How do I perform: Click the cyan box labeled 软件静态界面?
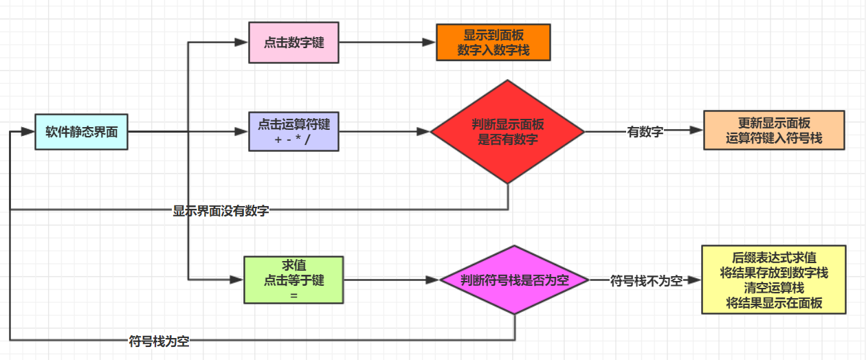pyautogui.click(x=82, y=131)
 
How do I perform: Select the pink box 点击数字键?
pyautogui.click(x=293, y=43)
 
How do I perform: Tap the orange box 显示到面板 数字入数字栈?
pyautogui.click(x=493, y=43)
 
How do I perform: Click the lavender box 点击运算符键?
pyautogui.click(x=293, y=131)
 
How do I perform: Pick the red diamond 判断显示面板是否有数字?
pyautogui.click(x=507, y=131)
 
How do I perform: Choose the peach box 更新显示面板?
pyautogui.click(x=774, y=131)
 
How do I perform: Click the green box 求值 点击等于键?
pyautogui.click(x=293, y=280)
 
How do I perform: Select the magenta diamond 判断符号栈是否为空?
pyautogui.click(x=515, y=280)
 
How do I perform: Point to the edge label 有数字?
pyautogui.click(x=645, y=132)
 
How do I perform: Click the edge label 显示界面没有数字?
pyautogui.click(x=221, y=211)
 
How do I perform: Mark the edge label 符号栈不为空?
pyautogui.click(x=646, y=280)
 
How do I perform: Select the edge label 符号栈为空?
pyautogui.click(x=159, y=341)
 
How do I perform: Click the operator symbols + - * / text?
pyautogui.click(x=293, y=138)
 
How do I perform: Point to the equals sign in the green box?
pyautogui.click(x=293, y=293)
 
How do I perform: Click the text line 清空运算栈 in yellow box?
pyautogui.click(x=773, y=288)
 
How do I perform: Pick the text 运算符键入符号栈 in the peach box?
pyautogui.click(x=774, y=137)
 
